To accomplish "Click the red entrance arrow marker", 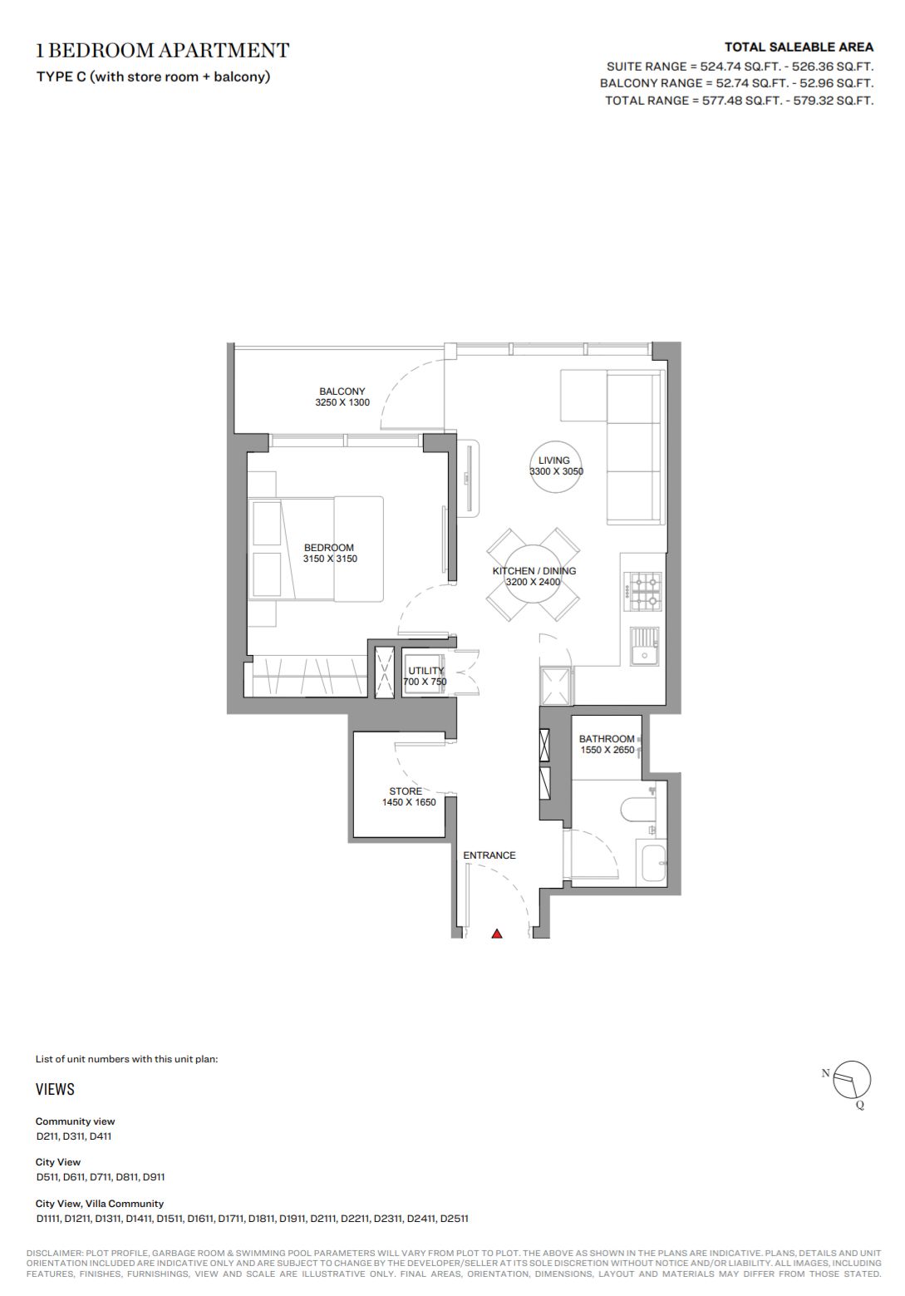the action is pos(497,934).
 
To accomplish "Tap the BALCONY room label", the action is pos(342,391).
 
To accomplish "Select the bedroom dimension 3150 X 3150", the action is pos(330,559).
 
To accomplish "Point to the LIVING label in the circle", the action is pos(554,460).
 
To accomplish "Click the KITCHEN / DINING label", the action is pos(534,570).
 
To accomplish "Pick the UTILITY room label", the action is pos(426,671).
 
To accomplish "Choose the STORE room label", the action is pos(406,791).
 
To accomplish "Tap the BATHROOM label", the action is pos(607,739).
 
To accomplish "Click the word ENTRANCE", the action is pos(489,855).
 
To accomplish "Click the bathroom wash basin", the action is pos(652,865).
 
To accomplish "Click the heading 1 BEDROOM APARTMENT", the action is pos(163,51).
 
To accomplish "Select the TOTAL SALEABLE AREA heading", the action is pos(799,47).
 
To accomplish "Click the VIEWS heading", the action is pos(55,1089).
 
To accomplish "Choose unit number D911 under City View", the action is pos(153,1176).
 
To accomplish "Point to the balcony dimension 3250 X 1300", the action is pos(342,402).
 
